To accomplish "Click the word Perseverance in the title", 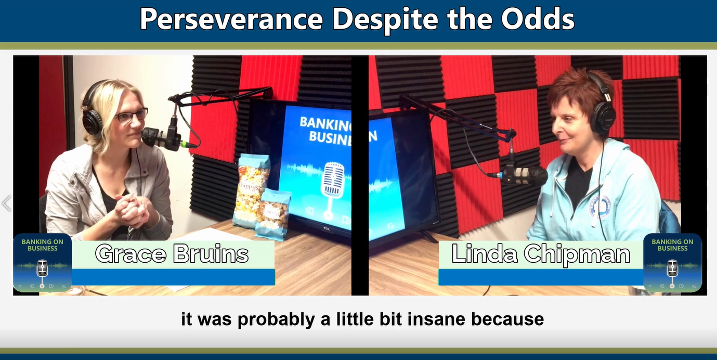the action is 231,19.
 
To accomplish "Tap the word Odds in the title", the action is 538,19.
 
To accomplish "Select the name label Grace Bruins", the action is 172,254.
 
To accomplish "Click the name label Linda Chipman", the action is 541,254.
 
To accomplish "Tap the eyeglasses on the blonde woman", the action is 131,115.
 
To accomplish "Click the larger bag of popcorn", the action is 251,191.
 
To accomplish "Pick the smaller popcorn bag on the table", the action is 273,214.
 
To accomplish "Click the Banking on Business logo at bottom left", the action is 42,263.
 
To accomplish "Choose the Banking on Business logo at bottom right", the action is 672,263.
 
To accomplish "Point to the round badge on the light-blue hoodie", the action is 599,208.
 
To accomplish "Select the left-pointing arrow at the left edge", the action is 6,203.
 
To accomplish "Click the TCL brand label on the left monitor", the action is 326,229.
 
